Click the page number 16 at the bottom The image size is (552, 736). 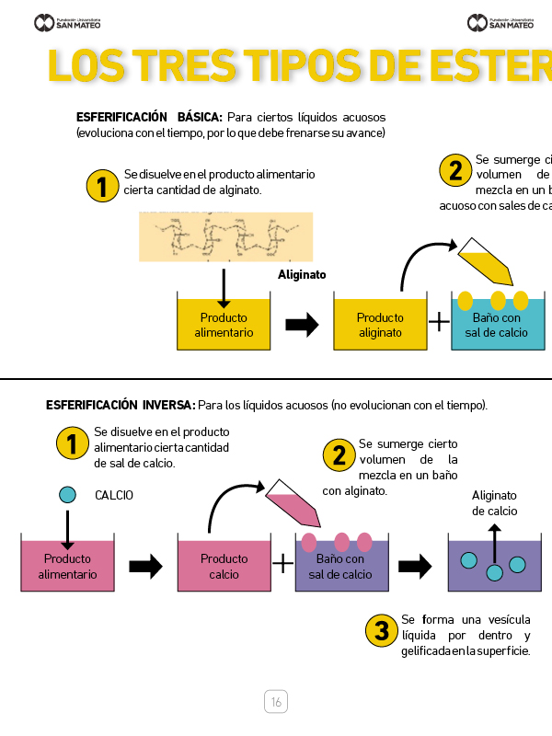pyautogui.click(x=276, y=702)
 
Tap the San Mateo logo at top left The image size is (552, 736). pyautogui.click(x=67, y=22)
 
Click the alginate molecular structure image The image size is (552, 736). pyautogui.click(x=225, y=236)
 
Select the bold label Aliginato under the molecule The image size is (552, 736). pyautogui.click(x=302, y=274)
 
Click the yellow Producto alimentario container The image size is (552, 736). pyautogui.click(x=224, y=324)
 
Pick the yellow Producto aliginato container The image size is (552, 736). pyautogui.click(x=380, y=324)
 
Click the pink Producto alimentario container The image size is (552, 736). pyautogui.click(x=67, y=565)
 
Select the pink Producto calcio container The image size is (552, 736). pyautogui.click(x=224, y=565)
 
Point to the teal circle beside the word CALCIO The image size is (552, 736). pyautogui.click(x=67, y=494)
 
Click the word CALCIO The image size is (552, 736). pyautogui.click(x=114, y=495)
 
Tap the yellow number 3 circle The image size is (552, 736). pyautogui.click(x=381, y=630)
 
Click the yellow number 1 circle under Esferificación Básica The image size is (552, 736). pyautogui.click(x=102, y=187)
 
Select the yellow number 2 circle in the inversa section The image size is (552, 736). pyautogui.click(x=339, y=454)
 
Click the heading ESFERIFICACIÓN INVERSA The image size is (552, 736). pyautogui.click(x=120, y=405)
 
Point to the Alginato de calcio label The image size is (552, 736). pyautogui.click(x=495, y=503)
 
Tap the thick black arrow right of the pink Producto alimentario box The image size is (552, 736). pyautogui.click(x=145, y=566)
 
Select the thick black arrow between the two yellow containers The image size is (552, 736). pyautogui.click(x=302, y=324)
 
